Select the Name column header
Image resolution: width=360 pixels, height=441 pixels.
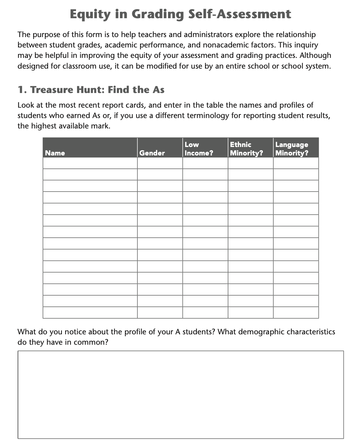[x=55, y=153]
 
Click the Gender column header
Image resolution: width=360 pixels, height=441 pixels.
[x=152, y=153]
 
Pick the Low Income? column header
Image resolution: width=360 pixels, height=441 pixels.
[x=199, y=149]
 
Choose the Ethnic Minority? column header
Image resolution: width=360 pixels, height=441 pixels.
[x=246, y=149]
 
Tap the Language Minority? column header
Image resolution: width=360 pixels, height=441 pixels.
[x=292, y=149]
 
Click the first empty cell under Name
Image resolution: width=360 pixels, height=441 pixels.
[x=90, y=163]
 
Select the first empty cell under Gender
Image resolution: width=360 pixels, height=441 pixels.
[x=160, y=163]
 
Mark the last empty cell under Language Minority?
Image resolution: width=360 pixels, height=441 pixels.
[x=296, y=313]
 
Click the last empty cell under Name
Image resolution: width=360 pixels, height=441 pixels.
[x=90, y=313]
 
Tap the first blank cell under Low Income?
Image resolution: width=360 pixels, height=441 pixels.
[x=205, y=163]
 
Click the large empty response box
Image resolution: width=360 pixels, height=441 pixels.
[x=181, y=394]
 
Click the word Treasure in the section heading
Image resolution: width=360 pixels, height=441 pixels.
[x=52, y=90]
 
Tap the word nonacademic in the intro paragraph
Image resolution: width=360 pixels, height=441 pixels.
[x=223, y=45]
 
